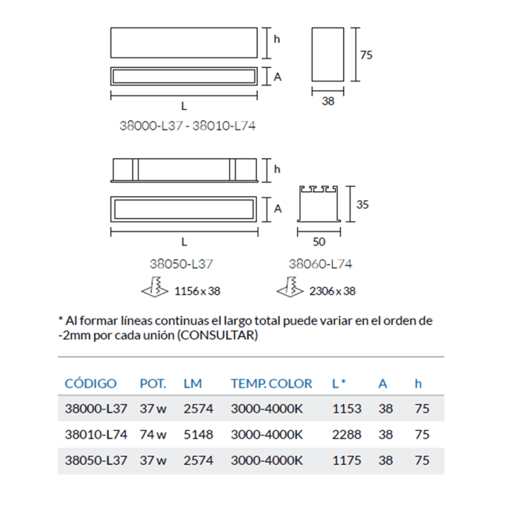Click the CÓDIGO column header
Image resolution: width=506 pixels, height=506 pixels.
(x=90, y=383)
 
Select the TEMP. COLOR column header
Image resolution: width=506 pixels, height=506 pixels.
(x=271, y=383)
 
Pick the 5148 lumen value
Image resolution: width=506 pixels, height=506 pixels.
(x=198, y=434)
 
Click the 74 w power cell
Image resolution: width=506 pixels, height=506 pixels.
(x=153, y=434)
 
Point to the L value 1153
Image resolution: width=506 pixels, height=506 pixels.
(x=347, y=409)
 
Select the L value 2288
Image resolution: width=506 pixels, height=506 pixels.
(x=347, y=434)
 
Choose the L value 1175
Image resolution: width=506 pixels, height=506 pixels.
(x=347, y=459)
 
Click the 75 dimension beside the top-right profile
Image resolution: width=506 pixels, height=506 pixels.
(x=365, y=55)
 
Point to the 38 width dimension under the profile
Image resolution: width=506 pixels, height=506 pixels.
(x=328, y=101)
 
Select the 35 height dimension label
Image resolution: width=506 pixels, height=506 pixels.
(x=362, y=204)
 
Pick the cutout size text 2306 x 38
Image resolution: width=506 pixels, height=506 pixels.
(x=331, y=291)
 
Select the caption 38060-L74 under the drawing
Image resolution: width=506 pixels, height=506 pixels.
(x=319, y=264)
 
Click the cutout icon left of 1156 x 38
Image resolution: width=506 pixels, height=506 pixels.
(x=154, y=290)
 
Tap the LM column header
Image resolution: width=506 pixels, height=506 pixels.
(x=192, y=383)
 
